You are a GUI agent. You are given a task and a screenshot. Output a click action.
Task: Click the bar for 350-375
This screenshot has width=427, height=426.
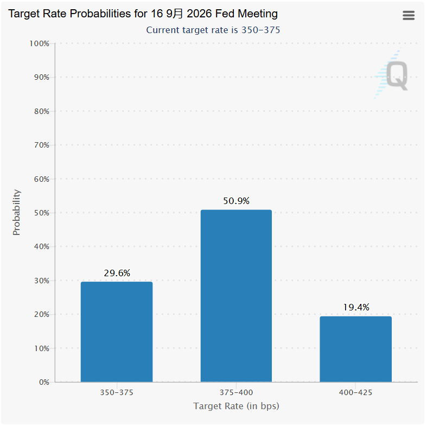[117, 332]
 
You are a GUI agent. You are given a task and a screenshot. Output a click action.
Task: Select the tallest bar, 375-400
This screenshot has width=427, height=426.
[236, 296]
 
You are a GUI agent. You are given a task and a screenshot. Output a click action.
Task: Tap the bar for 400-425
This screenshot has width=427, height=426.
[355, 349]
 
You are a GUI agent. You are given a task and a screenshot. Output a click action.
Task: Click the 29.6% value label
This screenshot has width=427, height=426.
[117, 273]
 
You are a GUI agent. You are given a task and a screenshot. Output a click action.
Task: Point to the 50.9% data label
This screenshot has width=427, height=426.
[237, 201]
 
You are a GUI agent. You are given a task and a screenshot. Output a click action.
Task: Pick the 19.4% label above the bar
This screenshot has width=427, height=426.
[356, 307]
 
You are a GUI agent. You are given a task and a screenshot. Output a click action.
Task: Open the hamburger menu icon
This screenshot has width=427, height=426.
[409, 15]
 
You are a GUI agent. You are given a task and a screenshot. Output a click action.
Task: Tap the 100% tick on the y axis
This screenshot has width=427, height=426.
[40, 43]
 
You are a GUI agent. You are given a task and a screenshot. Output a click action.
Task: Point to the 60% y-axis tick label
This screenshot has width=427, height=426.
[42, 179]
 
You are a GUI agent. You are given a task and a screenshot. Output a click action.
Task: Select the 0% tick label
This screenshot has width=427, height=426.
[44, 382]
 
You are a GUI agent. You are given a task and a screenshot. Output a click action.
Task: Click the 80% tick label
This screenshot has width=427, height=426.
[42, 111]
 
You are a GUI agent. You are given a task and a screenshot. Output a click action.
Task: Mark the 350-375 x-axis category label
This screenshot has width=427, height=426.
[117, 392]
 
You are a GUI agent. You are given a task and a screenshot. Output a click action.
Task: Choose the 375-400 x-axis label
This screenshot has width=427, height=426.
[237, 392]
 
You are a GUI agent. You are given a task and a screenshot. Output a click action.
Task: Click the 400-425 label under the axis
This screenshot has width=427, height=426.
[355, 392]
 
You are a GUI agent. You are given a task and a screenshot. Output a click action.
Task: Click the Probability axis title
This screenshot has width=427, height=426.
[17, 212]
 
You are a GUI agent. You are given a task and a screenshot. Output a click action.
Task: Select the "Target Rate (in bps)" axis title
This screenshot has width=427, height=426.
[237, 406]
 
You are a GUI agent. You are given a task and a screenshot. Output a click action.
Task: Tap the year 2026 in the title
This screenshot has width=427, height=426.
[199, 14]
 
